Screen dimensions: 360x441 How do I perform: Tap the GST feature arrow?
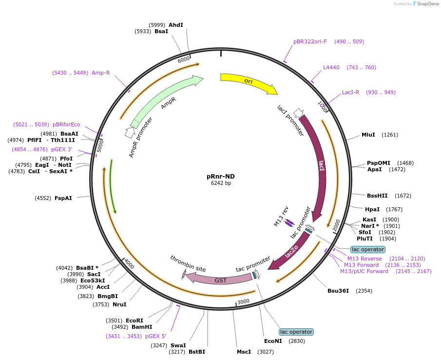221,280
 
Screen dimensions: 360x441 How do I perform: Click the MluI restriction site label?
368,135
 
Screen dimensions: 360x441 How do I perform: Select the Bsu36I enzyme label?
338,291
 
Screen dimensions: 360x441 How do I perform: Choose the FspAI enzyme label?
63,198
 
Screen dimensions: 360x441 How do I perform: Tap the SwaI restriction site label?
178,345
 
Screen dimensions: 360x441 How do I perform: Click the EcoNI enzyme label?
273,341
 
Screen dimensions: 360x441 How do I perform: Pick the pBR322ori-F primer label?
310,41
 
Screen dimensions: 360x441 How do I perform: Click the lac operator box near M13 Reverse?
367,249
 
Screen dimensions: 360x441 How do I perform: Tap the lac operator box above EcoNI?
296,332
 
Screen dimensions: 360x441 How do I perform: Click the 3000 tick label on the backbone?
243,301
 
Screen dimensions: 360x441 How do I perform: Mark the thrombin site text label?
188,263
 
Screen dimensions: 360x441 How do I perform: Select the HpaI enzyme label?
373,209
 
